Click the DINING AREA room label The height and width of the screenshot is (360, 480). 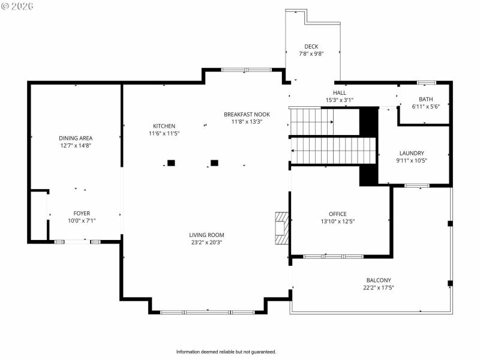[x=76, y=138]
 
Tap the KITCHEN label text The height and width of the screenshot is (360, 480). [x=164, y=126]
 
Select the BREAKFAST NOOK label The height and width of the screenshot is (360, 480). [x=247, y=114]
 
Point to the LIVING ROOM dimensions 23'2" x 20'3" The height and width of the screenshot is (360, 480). [x=206, y=242]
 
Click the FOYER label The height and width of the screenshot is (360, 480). [x=82, y=213]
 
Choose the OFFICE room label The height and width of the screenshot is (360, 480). [x=337, y=214]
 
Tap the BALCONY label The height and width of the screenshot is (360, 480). [x=379, y=280]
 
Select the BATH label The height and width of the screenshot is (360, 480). [x=425, y=99]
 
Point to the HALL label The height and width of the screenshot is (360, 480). [x=340, y=93]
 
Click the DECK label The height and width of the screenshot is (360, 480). [x=311, y=46]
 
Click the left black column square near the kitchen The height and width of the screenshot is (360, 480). [x=171, y=163]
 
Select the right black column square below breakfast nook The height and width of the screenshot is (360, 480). [x=214, y=163]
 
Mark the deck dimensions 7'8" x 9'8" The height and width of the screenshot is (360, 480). [x=311, y=53]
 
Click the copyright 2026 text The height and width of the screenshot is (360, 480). [x=17, y=6]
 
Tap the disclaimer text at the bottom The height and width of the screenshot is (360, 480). [x=226, y=352]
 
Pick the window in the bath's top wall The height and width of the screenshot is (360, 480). [x=426, y=82]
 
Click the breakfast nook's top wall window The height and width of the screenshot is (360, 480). [x=246, y=70]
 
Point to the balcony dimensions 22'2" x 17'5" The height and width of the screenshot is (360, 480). [x=379, y=287]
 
